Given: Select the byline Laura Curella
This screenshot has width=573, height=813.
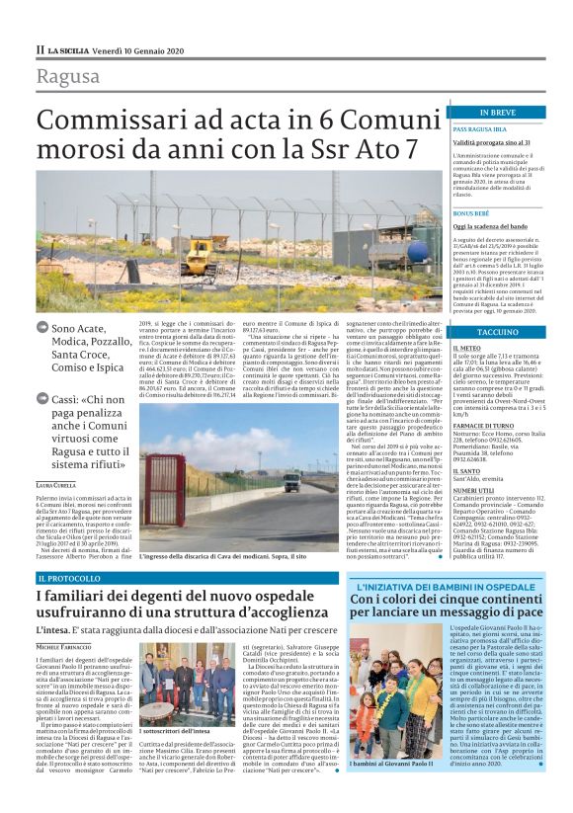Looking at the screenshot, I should (x=57, y=487).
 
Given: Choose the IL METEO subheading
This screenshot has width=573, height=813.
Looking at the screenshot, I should (x=466, y=349).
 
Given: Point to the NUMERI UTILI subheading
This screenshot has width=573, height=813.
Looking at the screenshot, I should (x=473, y=489).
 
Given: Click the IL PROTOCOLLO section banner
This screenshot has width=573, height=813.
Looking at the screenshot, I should (x=70, y=576).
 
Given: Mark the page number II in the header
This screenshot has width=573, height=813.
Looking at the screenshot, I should (x=41, y=48).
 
